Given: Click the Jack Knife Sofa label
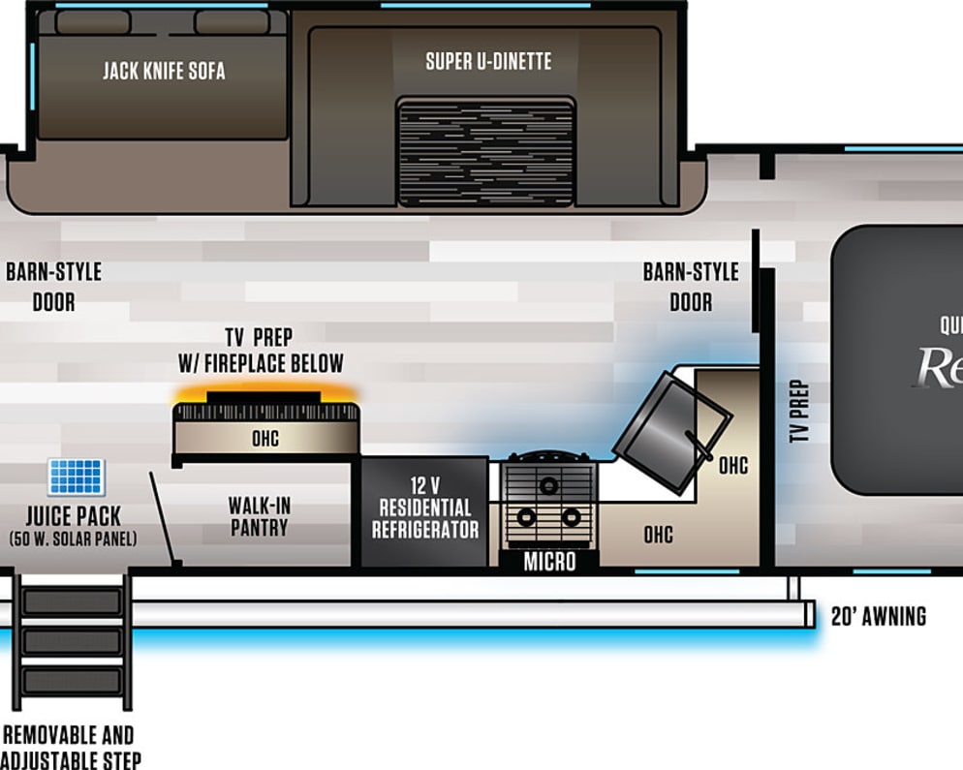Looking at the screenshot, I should (163, 71).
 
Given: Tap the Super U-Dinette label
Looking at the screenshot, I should (488, 62).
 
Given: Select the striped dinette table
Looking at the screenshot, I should (486, 152).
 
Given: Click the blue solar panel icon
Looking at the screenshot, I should (77, 477).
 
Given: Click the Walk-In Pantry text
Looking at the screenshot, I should (259, 516).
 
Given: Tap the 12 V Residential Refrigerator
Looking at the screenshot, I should (424, 511).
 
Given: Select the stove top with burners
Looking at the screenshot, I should (547, 501).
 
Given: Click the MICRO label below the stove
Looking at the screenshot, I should (549, 561).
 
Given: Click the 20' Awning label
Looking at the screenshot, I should (878, 616).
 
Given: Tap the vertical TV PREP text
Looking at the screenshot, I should (799, 411).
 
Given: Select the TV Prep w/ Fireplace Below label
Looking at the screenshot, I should (260, 350).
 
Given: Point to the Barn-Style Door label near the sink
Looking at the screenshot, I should (691, 287).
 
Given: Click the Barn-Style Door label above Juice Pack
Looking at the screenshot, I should (53, 287).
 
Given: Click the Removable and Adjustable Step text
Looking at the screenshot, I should (70, 747).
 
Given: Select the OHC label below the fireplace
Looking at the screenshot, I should (265, 438).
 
